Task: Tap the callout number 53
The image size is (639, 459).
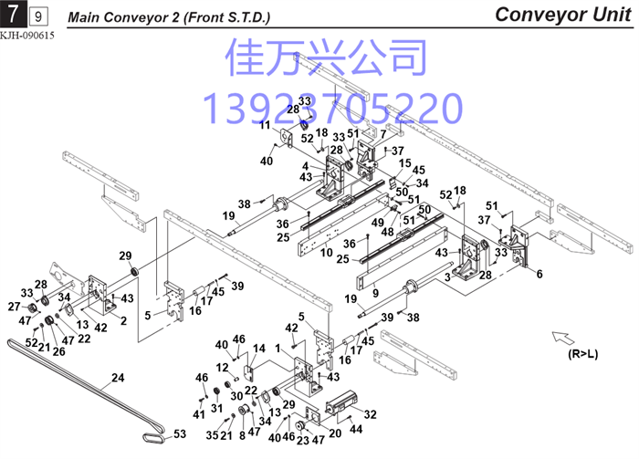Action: coord(180,434)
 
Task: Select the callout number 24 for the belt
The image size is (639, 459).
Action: coord(118,378)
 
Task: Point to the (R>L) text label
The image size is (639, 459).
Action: coord(582,354)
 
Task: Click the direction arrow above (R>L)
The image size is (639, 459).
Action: coord(563,338)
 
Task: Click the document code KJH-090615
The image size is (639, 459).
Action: coord(26,36)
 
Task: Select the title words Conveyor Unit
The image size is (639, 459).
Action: coord(563,15)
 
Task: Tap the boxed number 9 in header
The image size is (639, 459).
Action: coord(38,16)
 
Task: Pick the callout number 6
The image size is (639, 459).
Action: coord(539,274)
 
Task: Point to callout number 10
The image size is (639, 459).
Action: coord(327,253)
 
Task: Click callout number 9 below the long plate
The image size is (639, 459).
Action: coord(375,293)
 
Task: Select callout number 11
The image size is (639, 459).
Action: coord(266,125)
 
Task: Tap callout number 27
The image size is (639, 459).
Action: coord(14,307)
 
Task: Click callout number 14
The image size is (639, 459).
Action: coord(258,349)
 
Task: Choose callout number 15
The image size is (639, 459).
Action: coord(404,163)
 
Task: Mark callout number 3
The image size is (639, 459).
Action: coord(447,276)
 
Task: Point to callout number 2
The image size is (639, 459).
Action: coord(123,321)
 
